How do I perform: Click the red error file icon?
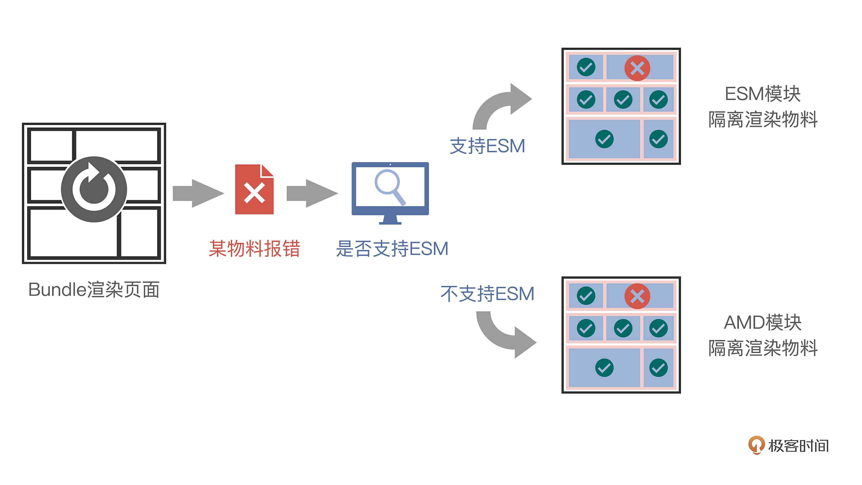(254, 189)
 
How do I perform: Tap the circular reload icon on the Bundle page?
(94, 189)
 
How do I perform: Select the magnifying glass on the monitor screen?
(389, 186)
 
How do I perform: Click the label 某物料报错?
(254, 249)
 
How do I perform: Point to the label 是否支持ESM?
(392, 249)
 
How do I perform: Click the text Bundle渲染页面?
(94, 290)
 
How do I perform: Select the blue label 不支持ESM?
(487, 294)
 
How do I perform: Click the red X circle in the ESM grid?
(637, 68)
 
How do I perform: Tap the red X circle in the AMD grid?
(637, 296)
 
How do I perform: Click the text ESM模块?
(763, 94)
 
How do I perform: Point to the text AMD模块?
(763, 323)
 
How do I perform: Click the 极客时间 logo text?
(798, 446)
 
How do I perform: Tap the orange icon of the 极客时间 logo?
(756, 445)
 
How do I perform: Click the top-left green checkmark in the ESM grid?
(586, 67)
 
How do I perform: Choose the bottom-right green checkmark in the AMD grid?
(658, 368)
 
